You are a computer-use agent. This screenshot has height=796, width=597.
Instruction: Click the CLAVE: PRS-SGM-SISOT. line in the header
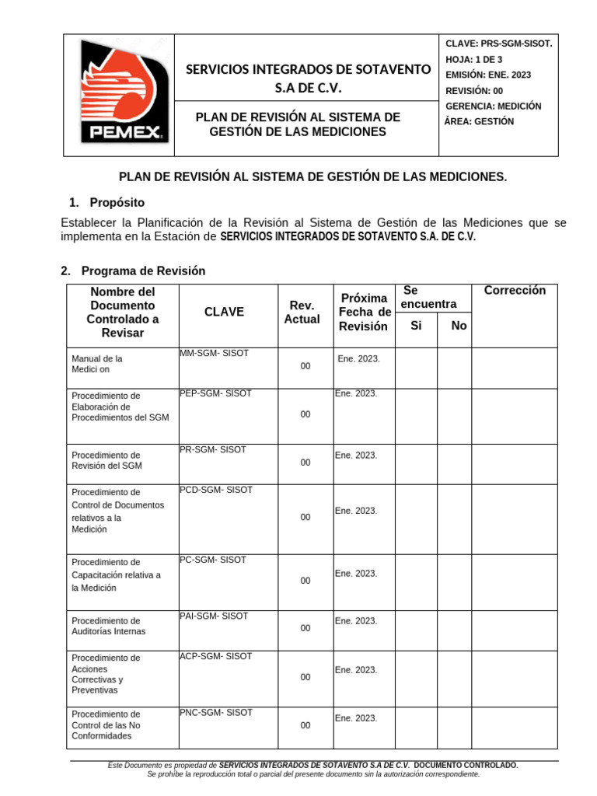point(498,44)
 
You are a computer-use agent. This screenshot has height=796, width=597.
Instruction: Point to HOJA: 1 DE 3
point(474,59)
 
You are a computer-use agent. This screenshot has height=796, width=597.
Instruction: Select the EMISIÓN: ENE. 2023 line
point(488,75)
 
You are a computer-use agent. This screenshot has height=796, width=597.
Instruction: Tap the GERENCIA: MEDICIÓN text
point(494,106)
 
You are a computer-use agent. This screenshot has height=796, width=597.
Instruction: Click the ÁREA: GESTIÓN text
point(479,121)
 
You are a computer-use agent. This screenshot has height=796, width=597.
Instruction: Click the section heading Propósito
point(116,202)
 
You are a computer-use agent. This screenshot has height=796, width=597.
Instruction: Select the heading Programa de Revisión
point(143,271)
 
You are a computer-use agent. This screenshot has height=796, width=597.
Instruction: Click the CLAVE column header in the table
point(224,312)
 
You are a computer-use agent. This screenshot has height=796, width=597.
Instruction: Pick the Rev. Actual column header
point(302,312)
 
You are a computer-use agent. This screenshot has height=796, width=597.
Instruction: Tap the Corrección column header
point(515,291)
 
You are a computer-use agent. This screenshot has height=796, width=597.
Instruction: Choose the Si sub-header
point(416,326)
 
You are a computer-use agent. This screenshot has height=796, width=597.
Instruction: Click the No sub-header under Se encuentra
point(459,326)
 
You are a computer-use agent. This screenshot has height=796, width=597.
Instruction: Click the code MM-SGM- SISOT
point(214,353)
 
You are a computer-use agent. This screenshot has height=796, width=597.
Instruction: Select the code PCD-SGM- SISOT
point(216,490)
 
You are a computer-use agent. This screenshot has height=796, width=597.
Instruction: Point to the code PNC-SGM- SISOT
point(216,712)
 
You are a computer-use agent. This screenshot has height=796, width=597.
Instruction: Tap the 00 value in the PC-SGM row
point(305,581)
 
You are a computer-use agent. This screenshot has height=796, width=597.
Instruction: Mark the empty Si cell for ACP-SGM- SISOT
point(416,678)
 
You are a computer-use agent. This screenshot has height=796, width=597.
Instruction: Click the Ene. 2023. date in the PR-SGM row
point(356,455)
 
